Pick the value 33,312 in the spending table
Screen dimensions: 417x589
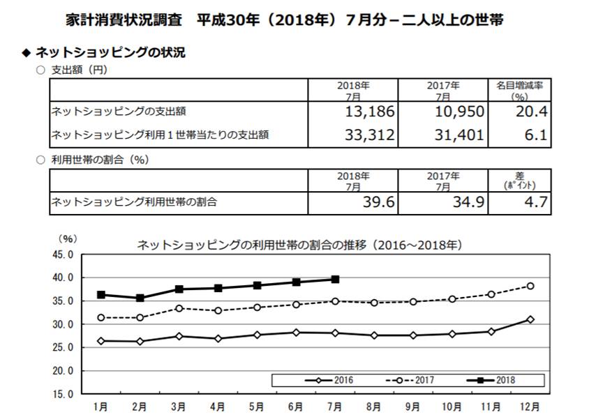pos(371,135)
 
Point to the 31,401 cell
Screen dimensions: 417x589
pos(458,135)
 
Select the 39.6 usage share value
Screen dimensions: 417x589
pos(380,202)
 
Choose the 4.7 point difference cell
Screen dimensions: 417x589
pos(536,202)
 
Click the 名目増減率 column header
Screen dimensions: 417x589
pos(520,85)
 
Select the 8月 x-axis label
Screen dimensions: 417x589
pos(373,405)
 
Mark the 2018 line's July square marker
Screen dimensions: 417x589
pos(335,279)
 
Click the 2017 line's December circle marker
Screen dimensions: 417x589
pos(530,286)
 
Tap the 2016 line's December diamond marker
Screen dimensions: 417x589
pos(530,319)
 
